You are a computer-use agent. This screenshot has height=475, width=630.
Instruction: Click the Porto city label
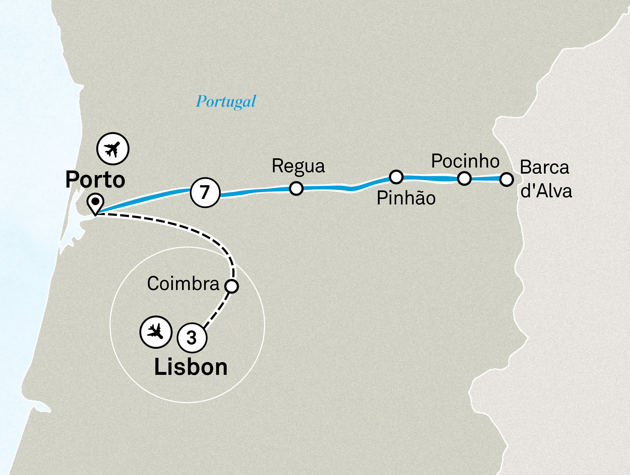pyautogui.click(x=95, y=180)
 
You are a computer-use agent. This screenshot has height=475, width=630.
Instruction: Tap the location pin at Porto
pyautogui.click(x=95, y=203)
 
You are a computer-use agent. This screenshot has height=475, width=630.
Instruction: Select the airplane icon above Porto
pyautogui.click(x=113, y=149)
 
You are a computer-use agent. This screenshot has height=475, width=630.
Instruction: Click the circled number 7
pyautogui.click(x=205, y=192)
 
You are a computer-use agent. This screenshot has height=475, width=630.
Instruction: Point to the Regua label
pyautogui.click(x=298, y=166)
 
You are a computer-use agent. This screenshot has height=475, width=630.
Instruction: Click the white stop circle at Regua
pyautogui.click(x=296, y=188)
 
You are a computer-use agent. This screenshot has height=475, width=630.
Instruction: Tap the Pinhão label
pyautogui.click(x=406, y=198)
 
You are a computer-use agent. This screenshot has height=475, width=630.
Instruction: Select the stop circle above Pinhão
pyautogui.click(x=396, y=177)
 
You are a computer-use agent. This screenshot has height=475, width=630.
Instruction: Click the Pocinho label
pyautogui.click(x=465, y=161)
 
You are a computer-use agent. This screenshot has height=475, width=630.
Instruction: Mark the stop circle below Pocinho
pyautogui.click(x=464, y=179)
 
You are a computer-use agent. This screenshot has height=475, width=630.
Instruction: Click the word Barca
pyautogui.click(x=544, y=167)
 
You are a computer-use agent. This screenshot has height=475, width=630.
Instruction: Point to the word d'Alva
pyautogui.click(x=546, y=191)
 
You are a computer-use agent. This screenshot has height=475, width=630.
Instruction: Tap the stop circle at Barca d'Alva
pyautogui.click(x=506, y=179)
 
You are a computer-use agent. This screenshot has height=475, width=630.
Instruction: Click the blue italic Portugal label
pyautogui.click(x=226, y=102)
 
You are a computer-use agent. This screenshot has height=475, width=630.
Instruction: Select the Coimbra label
pyautogui.click(x=183, y=284)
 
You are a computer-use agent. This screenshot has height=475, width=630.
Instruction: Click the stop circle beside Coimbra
pyautogui.click(x=232, y=286)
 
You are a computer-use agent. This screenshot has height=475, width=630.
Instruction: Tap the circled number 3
pyautogui.click(x=192, y=338)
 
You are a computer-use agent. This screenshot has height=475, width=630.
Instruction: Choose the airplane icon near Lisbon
pyautogui.click(x=156, y=332)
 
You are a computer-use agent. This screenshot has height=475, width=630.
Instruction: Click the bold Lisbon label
pyautogui.click(x=191, y=367)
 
